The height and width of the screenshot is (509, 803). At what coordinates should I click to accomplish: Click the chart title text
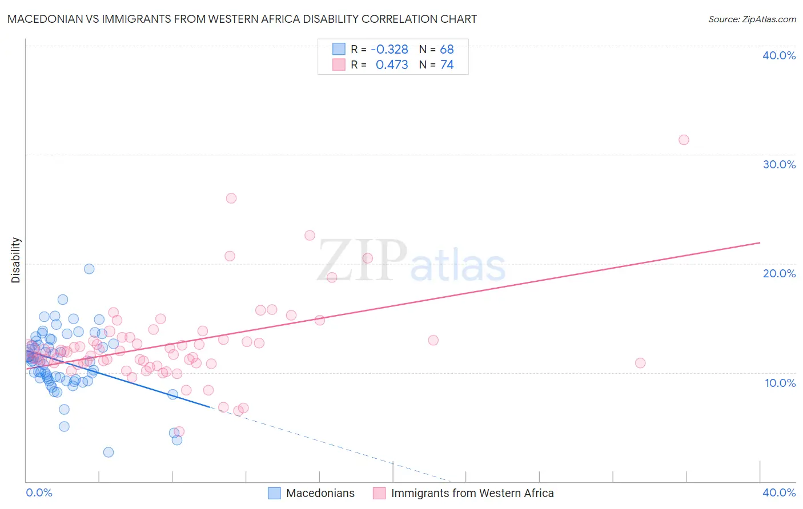coord(242,19)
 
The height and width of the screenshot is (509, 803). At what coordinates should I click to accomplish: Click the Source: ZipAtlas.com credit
coord(752,19)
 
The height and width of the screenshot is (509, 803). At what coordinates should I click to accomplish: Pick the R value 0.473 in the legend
coord(392,65)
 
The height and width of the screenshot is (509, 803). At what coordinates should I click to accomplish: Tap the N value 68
coord(447,50)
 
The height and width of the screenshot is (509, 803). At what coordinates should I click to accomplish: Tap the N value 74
coord(447,65)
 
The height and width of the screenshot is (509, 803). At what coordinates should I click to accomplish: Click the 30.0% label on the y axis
coord(779,164)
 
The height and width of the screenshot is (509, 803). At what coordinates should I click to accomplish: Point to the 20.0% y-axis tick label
coord(779,273)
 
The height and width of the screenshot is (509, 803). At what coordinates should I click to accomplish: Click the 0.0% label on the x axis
coord(39,492)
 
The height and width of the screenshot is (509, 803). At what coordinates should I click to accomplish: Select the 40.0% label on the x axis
coord(779,492)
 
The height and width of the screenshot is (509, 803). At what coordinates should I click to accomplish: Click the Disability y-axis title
coord(16,260)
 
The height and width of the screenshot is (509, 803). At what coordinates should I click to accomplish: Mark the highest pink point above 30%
coord(684,140)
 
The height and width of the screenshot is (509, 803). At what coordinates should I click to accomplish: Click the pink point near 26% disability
coord(231,199)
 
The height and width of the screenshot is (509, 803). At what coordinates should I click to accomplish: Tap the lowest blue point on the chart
coord(109,453)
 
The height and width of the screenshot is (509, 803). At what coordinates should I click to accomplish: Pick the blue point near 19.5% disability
coord(89,269)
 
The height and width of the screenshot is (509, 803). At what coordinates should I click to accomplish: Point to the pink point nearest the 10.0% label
coord(640,363)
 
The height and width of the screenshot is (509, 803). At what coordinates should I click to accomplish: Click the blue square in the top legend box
coord(339,50)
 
